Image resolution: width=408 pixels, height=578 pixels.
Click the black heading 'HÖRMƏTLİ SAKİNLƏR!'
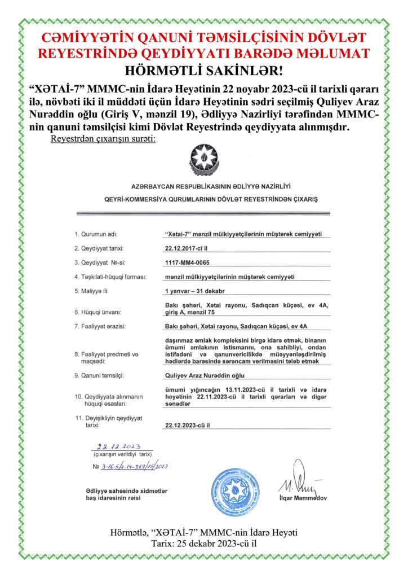203,71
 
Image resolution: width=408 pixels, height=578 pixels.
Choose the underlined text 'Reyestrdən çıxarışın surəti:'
103,138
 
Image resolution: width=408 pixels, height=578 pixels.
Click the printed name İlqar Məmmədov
302,498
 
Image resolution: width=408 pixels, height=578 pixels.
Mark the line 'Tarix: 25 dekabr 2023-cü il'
204,544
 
